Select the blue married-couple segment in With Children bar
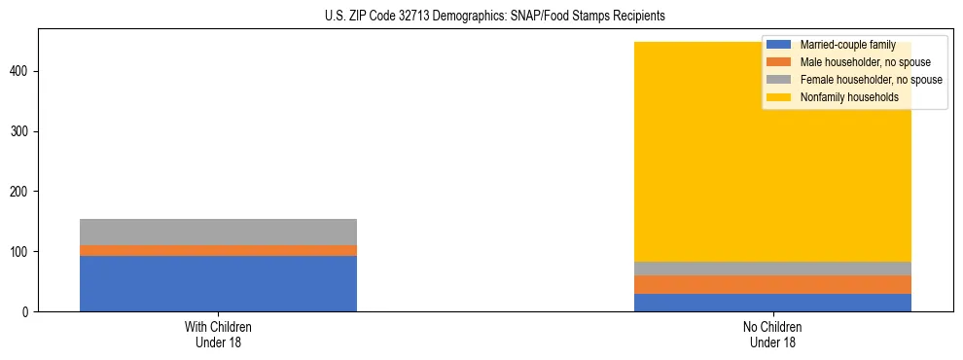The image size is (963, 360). pyautogui.click(x=218, y=283)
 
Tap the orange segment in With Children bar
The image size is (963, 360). pyautogui.click(x=218, y=250)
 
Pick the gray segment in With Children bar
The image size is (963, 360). pyautogui.click(x=218, y=232)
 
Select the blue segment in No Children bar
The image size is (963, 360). pyautogui.click(x=772, y=302)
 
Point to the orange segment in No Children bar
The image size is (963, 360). pyautogui.click(x=772, y=284)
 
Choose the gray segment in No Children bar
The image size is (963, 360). pyautogui.click(x=772, y=269)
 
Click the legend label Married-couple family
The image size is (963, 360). pyautogui.click(x=847, y=45)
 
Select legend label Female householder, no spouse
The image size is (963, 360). pyautogui.click(x=871, y=80)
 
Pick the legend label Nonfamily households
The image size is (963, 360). pyautogui.click(x=849, y=97)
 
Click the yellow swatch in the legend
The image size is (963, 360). pyautogui.click(x=780, y=97)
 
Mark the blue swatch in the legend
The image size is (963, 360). pyautogui.click(x=780, y=45)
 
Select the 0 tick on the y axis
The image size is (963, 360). pyautogui.click(x=29, y=312)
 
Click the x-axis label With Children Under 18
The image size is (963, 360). pyautogui.click(x=218, y=334)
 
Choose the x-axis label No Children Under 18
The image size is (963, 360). pyautogui.click(x=772, y=334)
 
